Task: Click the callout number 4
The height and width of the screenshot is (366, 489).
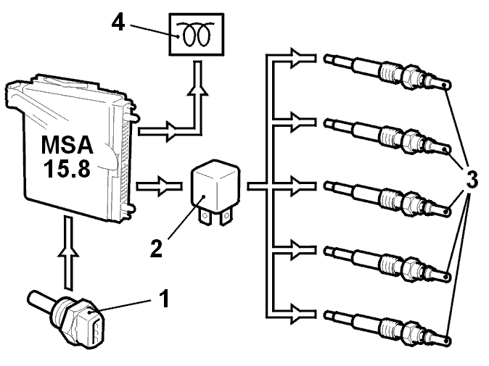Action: pos(118,22)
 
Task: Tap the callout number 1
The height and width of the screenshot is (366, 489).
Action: pos(164,298)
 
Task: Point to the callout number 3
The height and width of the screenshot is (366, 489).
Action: pos(472,179)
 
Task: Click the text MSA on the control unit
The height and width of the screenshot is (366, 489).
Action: pos(67,145)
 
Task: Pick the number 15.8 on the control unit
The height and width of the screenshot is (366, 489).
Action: pos(67,169)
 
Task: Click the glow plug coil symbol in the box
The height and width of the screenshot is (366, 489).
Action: pos(197,34)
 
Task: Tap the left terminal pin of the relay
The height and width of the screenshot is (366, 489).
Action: pos(205,216)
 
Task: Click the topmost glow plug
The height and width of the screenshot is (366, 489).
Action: pos(387,72)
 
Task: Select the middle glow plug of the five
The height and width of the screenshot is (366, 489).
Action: pos(387,199)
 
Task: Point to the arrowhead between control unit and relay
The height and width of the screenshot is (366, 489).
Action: pos(165,186)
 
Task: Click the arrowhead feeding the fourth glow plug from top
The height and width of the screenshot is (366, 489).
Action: pos(297,250)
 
